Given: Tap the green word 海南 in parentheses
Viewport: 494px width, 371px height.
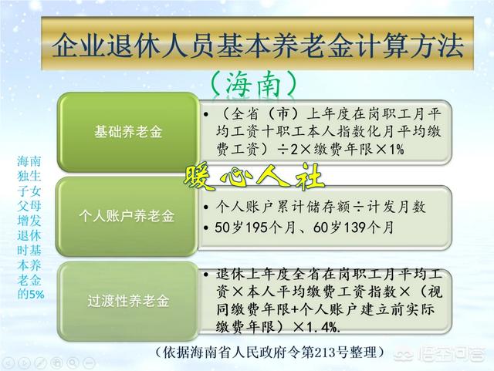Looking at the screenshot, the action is [253, 84].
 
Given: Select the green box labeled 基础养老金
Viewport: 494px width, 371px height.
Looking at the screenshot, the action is [128, 132].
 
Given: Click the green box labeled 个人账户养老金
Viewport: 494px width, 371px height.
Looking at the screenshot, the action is [127, 216].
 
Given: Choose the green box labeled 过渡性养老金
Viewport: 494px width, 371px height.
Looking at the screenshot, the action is [128, 301].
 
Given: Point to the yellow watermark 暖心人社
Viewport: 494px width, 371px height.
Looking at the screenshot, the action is [254, 177].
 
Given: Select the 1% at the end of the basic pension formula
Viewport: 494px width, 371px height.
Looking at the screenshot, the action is [396, 150].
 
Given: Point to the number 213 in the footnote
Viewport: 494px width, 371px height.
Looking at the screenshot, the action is [328, 352].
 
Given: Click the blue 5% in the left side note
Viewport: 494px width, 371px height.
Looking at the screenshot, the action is [36, 294].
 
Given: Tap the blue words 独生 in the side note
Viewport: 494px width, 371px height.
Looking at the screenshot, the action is [29, 177].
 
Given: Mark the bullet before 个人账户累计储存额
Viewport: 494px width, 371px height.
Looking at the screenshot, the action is [206, 207].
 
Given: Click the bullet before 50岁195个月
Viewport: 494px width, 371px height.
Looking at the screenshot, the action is [206, 228].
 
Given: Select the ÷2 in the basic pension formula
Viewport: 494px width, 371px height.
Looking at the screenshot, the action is [287, 150].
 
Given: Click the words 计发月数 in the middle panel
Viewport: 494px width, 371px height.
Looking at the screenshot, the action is [396, 207].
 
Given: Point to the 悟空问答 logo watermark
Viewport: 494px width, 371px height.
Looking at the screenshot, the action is [440, 355].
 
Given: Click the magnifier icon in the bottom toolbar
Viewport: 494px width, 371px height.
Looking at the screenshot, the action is [73, 363].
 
